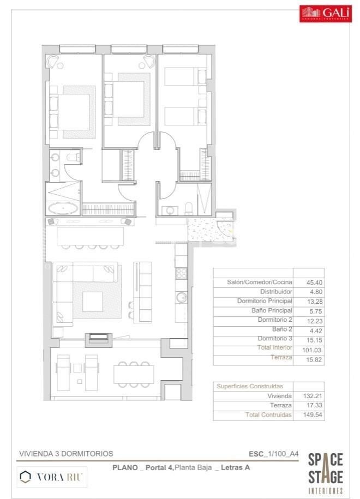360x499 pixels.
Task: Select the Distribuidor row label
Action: coord(274,292)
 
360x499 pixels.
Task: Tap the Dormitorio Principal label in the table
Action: coord(265,301)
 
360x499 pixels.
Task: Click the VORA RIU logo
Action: coord(52,477)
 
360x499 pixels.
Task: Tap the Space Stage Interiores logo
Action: coord(326,473)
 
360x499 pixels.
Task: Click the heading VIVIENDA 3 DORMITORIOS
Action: coord(66,453)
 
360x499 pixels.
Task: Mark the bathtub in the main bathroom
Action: coord(63,208)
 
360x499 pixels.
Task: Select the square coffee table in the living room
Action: coord(92,301)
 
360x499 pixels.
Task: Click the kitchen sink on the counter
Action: coord(182,297)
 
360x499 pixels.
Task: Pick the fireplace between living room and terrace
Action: coord(99,338)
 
